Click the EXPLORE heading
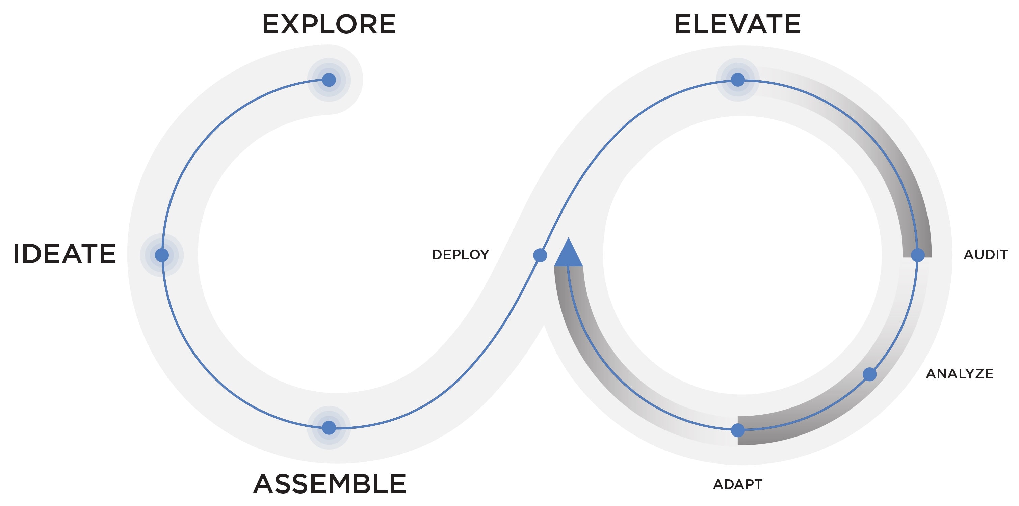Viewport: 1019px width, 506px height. click(329, 25)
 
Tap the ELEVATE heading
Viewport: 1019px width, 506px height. click(737, 25)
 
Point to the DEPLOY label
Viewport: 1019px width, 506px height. click(461, 255)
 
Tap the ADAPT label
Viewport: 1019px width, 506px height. click(738, 484)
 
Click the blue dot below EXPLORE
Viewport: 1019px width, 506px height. click(329, 80)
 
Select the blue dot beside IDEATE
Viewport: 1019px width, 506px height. click(162, 255)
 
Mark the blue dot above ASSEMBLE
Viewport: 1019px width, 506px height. click(329, 428)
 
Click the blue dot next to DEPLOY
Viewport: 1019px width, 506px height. click(540, 255)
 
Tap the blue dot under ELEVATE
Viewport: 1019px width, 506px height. click(737, 80)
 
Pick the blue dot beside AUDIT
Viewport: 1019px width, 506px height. click(918, 255)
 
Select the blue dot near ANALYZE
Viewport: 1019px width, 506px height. click(869, 374)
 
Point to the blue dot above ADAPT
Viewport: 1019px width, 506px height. click(738, 430)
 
